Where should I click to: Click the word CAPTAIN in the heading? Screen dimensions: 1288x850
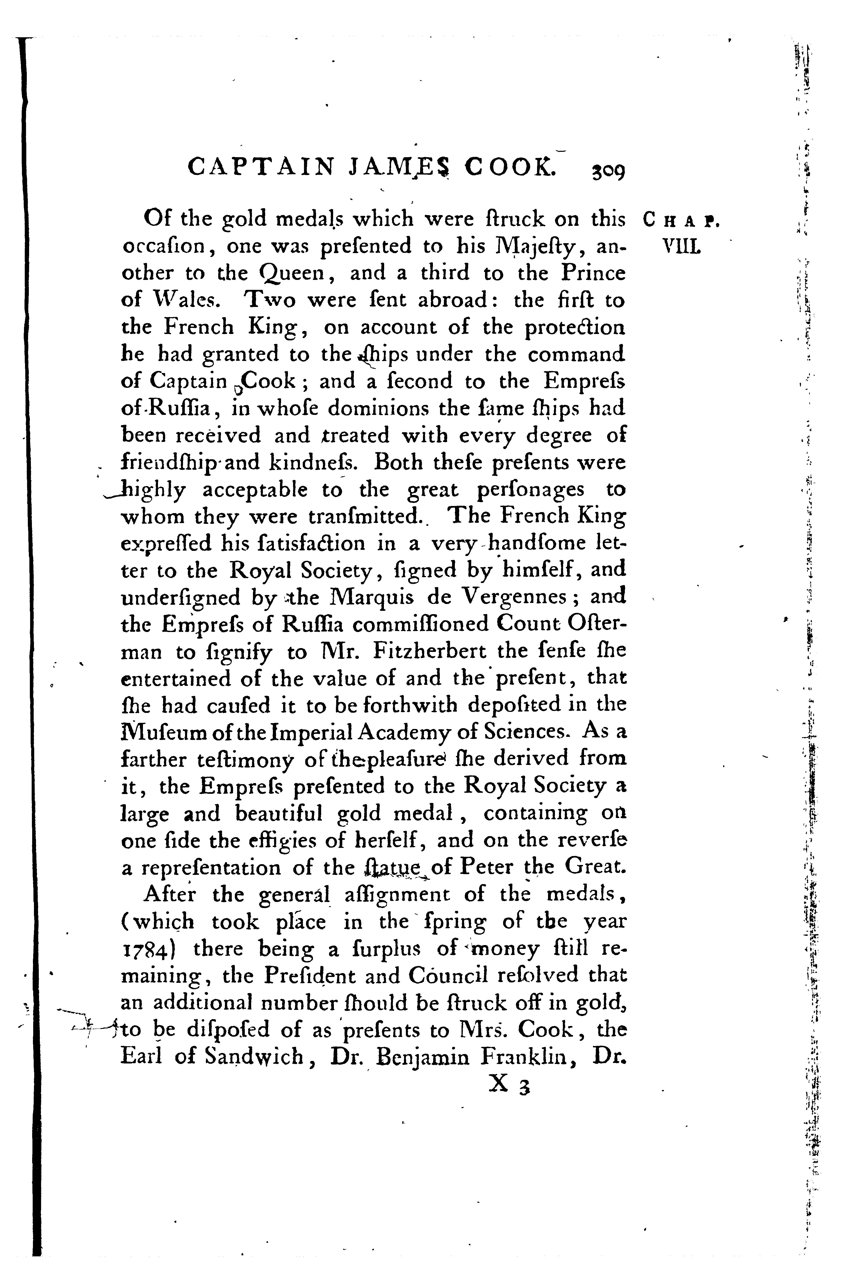(x=260, y=167)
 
